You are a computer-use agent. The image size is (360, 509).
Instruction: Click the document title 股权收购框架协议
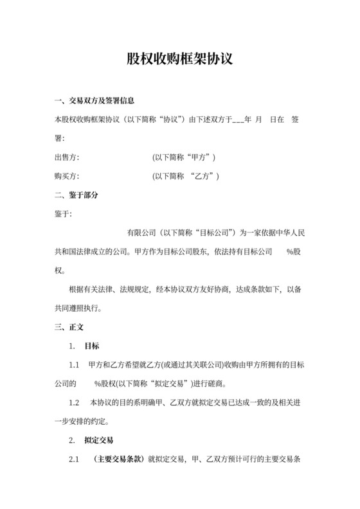[x=179, y=59]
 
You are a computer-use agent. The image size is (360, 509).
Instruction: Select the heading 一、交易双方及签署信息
[x=94, y=101]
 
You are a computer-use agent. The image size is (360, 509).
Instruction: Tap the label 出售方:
[x=67, y=157]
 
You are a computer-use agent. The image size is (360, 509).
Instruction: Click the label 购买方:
[x=67, y=176]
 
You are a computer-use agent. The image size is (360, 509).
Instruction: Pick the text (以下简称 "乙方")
[x=186, y=176]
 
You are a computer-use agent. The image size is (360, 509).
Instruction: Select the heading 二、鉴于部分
[x=76, y=195]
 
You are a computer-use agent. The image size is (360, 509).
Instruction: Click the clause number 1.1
[x=74, y=365]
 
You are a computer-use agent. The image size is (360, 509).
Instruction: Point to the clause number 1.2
[x=74, y=403]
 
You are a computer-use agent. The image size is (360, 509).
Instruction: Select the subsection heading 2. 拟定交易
[x=91, y=441]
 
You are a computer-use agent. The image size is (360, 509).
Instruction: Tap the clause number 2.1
[x=74, y=460]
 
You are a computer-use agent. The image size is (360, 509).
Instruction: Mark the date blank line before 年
[x=237, y=120]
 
